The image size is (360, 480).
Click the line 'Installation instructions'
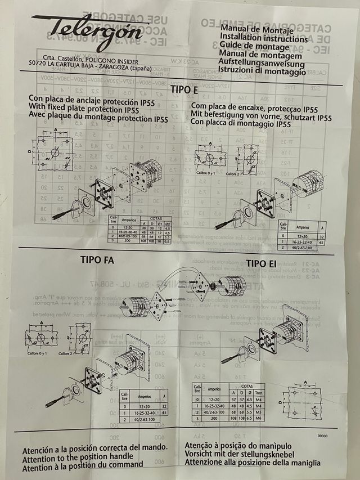coord(264,39)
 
